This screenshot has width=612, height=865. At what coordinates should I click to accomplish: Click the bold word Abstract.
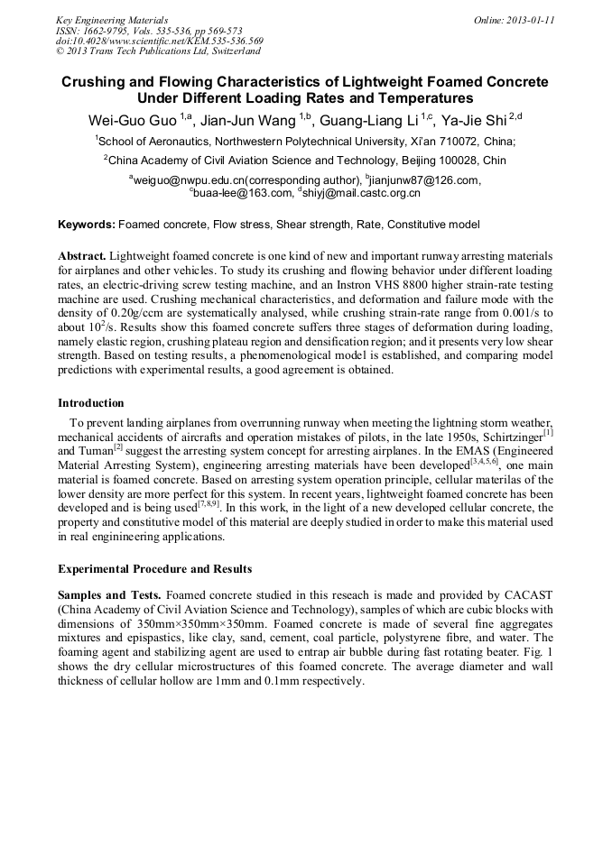coord(82,256)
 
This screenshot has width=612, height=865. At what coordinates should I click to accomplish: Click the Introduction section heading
coord(91,402)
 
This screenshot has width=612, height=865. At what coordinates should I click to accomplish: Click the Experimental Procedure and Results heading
coord(155,569)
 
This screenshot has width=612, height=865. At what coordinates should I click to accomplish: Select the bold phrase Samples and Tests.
coord(109,596)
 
